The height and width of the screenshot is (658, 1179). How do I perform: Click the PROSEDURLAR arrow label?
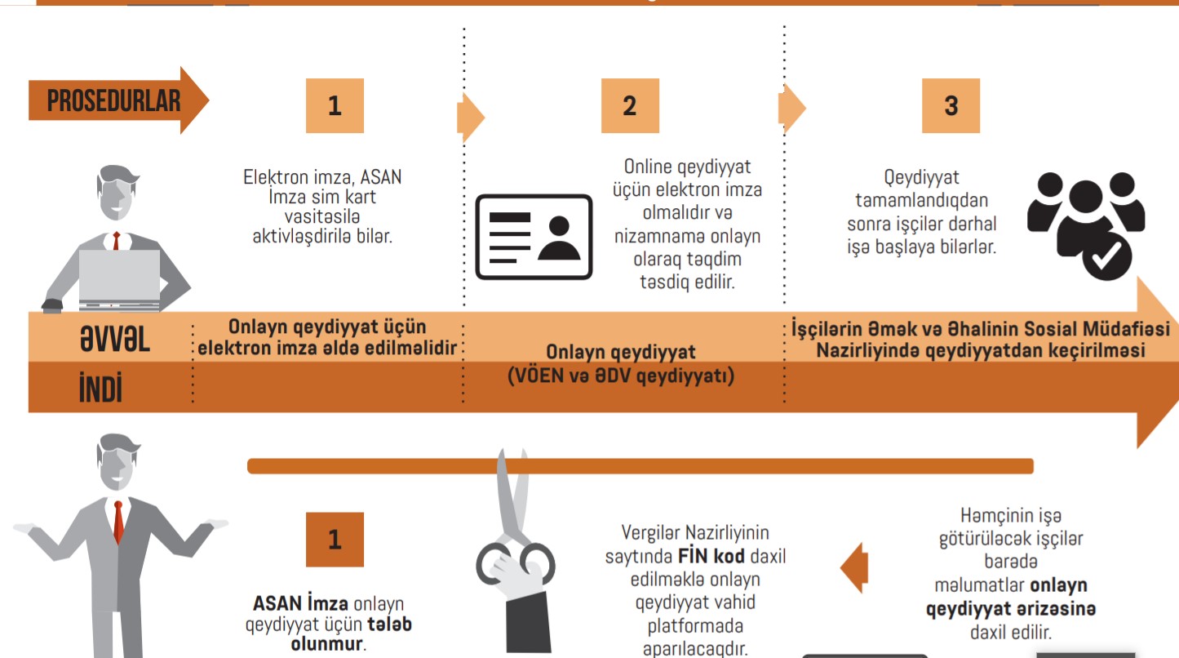click(x=113, y=101)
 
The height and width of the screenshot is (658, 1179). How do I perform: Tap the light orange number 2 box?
click(x=630, y=105)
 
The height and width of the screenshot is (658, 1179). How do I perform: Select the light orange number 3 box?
click(x=951, y=105)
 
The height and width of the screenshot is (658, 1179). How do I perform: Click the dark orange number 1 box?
click(x=335, y=540)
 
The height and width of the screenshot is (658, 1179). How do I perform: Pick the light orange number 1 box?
click(x=335, y=105)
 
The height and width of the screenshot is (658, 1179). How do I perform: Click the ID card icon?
click(x=534, y=237)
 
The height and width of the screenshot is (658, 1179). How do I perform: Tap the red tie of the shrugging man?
click(x=119, y=522)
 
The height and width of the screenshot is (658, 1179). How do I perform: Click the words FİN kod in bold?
click(x=711, y=557)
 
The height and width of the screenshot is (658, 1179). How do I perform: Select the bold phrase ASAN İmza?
click(x=301, y=604)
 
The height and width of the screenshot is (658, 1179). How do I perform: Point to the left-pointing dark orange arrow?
click(x=853, y=566)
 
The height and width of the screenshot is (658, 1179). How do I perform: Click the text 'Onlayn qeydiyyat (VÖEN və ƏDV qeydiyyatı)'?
click(x=621, y=364)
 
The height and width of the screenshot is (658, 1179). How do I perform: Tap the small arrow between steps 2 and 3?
click(x=791, y=108)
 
